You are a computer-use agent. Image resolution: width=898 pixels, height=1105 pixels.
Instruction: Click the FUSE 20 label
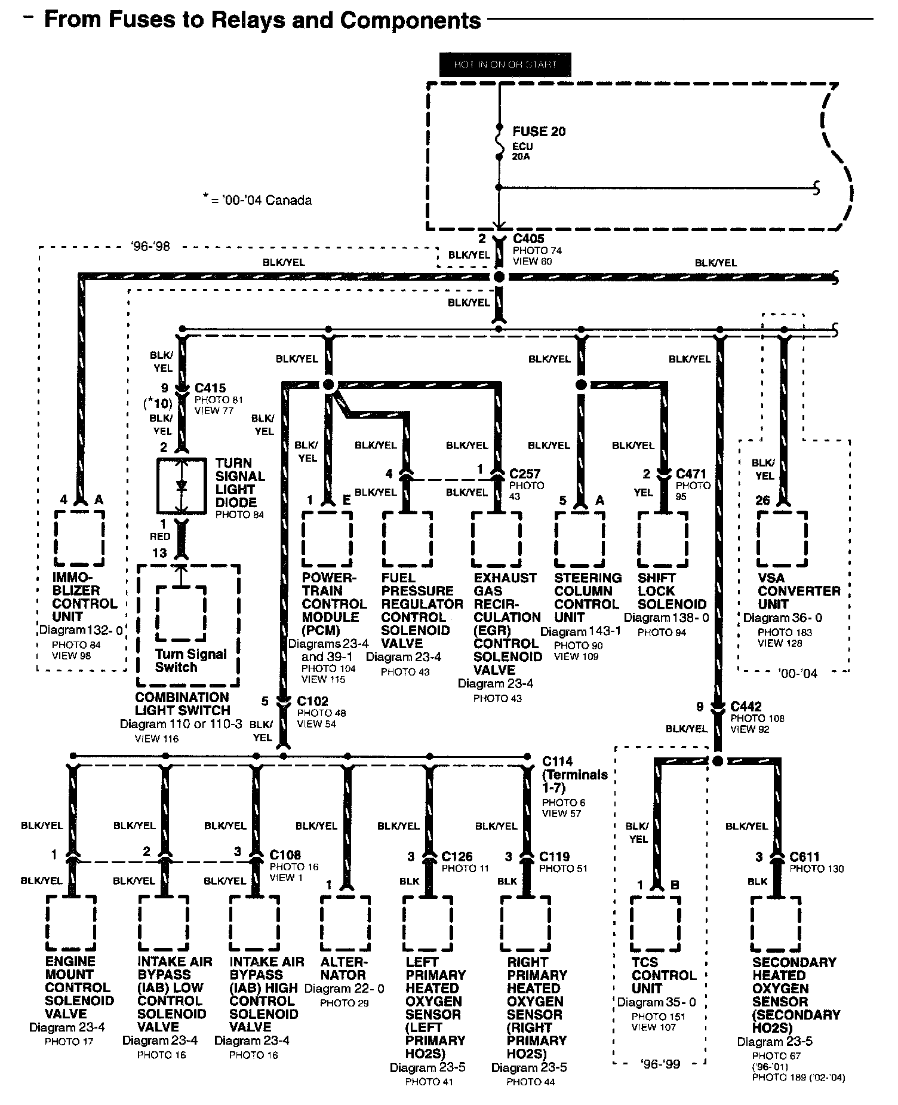[x=539, y=131]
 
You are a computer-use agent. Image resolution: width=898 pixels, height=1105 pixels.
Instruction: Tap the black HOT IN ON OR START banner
[x=505, y=65]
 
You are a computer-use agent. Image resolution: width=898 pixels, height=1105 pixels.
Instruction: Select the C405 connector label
[x=528, y=239]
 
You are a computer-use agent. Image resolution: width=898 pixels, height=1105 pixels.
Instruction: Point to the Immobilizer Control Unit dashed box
[x=79, y=538]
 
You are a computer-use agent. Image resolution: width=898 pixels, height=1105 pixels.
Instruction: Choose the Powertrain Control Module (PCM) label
[x=334, y=603]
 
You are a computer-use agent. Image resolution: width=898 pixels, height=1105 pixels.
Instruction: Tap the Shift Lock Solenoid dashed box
[x=663, y=539]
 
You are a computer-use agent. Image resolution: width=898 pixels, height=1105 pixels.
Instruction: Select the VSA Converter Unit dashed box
[x=782, y=539]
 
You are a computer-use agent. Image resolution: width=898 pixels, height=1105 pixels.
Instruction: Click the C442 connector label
[x=746, y=707]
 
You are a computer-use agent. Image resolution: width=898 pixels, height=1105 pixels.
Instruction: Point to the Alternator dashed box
[x=344, y=923]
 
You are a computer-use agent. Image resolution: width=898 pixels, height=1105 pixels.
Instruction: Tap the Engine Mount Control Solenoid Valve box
[x=71, y=923]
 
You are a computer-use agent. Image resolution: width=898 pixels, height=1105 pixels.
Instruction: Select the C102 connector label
[x=312, y=701]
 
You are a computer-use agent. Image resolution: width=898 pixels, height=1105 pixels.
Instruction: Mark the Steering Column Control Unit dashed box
[x=580, y=539]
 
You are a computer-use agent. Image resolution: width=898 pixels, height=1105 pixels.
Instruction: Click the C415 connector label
[x=210, y=388]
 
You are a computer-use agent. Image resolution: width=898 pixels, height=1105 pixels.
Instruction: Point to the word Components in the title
[x=411, y=20]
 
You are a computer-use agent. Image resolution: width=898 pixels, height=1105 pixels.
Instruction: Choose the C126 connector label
[x=457, y=857]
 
